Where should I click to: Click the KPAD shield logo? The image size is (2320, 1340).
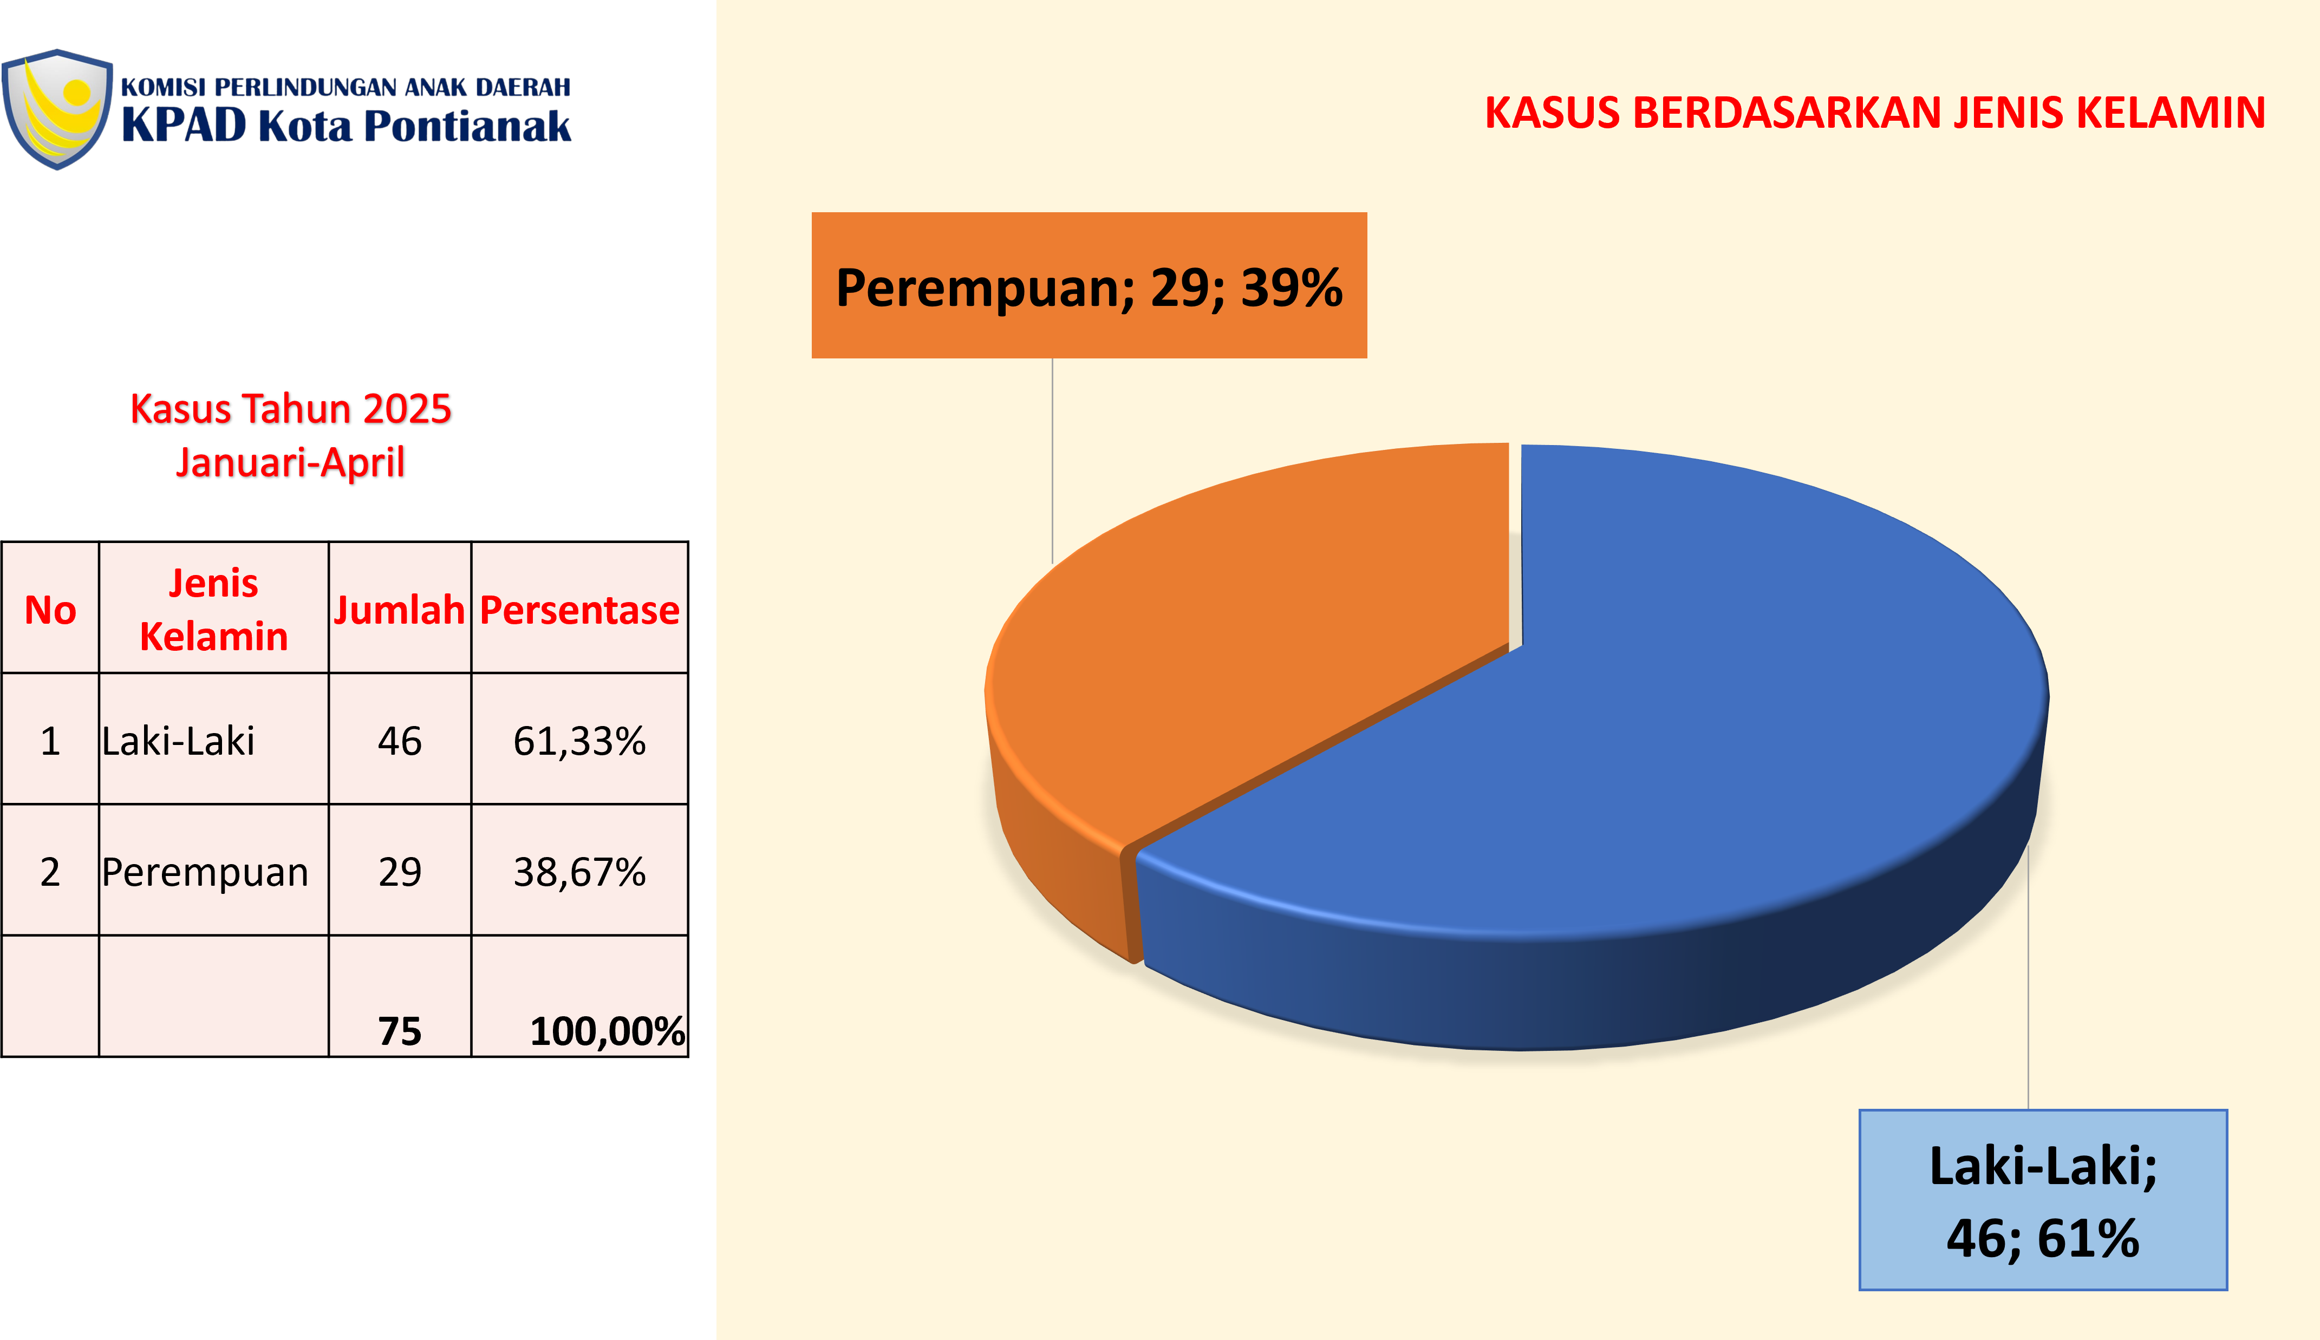pyautogui.click(x=57, y=109)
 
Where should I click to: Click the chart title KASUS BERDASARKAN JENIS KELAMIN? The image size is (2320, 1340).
pyautogui.click(x=1875, y=113)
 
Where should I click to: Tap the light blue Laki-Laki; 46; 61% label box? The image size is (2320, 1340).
pyautogui.click(x=2043, y=1200)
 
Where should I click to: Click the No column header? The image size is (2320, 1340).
pyautogui.click(x=50, y=609)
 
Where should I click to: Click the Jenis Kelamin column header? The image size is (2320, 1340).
pyautogui.click(x=213, y=609)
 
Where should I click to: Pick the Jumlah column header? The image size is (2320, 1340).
pyautogui.click(x=400, y=609)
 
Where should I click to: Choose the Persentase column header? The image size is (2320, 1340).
pyautogui.click(x=580, y=609)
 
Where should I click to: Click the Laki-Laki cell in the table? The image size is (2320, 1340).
pyautogui.click(x=213, y=740)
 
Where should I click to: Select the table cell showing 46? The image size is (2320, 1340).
pyautogui.click(x=400, y=740)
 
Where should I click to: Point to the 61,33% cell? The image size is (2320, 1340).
pyautogui.click(x=580, y=740)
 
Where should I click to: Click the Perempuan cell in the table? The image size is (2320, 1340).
pyautogui.click(x=213, y=871)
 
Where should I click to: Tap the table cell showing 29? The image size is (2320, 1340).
pyautogui.click(x=400, y=871)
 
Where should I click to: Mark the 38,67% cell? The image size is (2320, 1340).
pyautogui.click(x=580, y=871)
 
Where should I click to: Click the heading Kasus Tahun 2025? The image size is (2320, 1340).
pyautogui.click(x=291, y=409)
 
